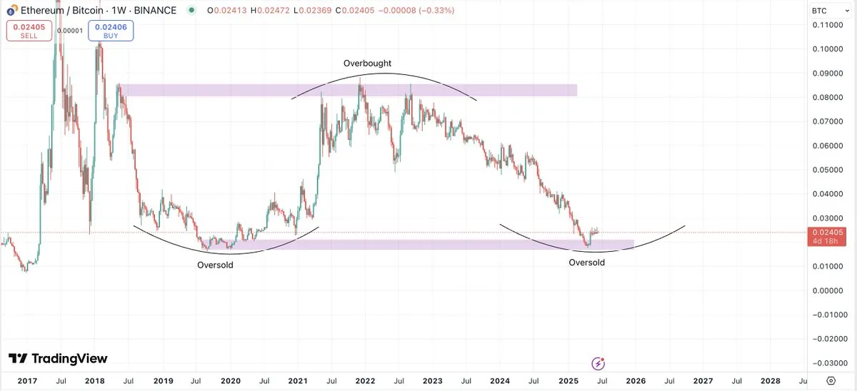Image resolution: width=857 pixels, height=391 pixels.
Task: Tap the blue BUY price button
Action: [111, 31]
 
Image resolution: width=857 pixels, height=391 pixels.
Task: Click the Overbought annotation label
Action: [367, 64]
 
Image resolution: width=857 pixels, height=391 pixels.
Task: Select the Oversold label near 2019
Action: [215, 265]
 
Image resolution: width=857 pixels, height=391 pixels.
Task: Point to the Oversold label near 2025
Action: [586, 263]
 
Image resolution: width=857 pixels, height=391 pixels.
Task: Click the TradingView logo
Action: [58, 358]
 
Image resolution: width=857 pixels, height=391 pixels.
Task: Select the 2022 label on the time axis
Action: [365, 382]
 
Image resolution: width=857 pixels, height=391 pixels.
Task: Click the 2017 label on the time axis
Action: [26, 382]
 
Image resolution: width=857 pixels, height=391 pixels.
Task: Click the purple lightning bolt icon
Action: [598, 364]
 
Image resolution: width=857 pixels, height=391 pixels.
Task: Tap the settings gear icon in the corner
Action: [831, 381]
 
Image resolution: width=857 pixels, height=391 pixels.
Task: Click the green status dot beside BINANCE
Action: [191, 11]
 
